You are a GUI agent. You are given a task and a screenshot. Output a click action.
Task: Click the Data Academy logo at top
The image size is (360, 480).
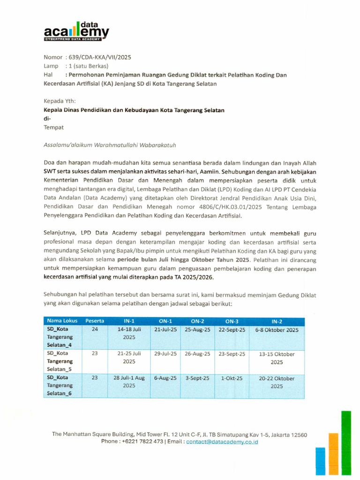76,32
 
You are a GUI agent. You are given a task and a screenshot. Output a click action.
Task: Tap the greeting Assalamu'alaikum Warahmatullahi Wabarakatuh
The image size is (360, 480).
110,145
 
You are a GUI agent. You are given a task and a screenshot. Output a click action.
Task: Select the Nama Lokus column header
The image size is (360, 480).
62,321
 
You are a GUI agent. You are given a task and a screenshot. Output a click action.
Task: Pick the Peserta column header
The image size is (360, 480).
95,321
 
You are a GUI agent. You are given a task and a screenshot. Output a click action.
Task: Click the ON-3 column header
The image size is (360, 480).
232,322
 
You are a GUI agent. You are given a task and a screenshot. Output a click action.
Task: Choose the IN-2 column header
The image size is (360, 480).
277,322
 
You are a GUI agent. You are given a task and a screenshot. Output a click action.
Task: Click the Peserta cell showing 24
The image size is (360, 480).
95,330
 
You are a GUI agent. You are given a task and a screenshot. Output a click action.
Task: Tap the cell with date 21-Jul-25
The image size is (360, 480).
165,330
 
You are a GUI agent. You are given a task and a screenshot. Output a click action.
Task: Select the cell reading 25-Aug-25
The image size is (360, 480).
197,330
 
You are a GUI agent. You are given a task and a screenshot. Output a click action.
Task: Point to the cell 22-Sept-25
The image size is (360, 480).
232,330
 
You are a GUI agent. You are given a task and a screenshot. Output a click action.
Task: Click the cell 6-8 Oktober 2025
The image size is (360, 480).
277,330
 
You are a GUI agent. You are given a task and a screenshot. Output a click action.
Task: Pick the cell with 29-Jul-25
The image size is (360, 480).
165,354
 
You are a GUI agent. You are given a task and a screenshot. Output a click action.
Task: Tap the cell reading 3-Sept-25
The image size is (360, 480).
197,378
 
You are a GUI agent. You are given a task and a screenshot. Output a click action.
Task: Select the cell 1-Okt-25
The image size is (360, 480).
232,378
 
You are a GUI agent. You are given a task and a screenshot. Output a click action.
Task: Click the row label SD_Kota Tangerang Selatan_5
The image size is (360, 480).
60,361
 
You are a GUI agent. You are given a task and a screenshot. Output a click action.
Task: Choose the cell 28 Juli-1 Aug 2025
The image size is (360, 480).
129,382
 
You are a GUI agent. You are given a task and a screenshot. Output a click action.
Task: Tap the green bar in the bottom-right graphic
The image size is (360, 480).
346,443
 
